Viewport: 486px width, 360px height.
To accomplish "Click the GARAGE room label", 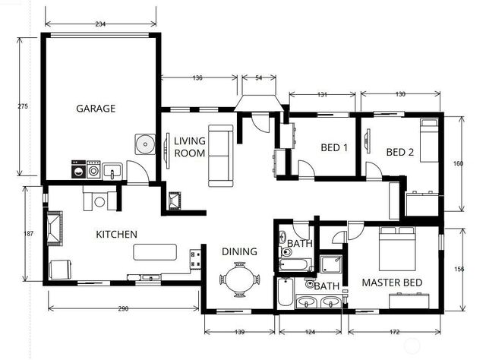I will [96, 109].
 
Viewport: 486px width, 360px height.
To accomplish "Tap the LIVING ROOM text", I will [190, 147].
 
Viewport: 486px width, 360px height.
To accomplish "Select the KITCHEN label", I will [116, 234].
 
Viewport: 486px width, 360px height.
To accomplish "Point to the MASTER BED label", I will [391, 283].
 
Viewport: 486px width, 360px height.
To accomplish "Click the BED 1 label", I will [334, 149].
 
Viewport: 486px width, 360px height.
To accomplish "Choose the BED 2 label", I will [400, 152].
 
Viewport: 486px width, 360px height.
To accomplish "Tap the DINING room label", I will [239, 251].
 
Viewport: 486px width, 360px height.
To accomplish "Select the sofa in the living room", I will [219, 155].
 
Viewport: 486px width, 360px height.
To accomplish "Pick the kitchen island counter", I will [155, 251].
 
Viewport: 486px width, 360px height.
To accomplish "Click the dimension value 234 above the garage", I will [100, 24].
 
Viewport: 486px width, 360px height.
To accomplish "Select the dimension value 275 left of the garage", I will [22, 106].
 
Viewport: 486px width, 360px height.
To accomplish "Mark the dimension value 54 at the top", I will [258, 78].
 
